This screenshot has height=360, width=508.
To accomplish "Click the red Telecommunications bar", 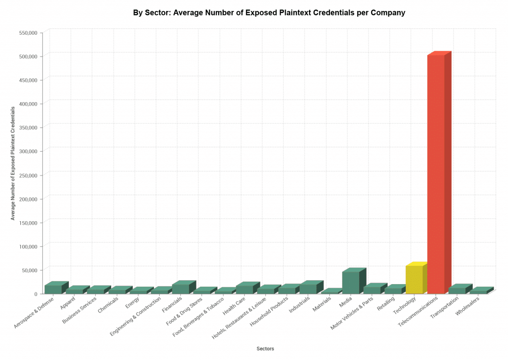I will coord(436,174).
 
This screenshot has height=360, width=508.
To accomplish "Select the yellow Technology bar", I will coord(414,280).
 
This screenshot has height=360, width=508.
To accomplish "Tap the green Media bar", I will coord(351,282).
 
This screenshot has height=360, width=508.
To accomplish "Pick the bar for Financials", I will coord(181,289).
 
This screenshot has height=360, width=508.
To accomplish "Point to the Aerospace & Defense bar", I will coord(53,289).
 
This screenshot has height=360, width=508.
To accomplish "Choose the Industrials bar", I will coord(308,289).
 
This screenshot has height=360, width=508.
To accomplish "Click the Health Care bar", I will coord(245,289).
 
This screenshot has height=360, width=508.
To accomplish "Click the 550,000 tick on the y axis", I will coord(28,33).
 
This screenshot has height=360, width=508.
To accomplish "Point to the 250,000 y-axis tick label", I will coord(28,175).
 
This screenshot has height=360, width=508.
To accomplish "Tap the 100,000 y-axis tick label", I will coord(28,246).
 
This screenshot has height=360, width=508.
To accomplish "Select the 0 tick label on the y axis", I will coord(36,294).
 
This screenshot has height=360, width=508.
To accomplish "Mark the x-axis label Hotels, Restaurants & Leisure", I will coord(241,320).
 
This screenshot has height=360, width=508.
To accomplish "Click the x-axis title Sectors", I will coord(265,349).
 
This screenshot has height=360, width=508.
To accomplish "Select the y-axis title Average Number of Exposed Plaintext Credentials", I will coord(13,163).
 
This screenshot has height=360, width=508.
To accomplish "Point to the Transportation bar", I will coord(457,291).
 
